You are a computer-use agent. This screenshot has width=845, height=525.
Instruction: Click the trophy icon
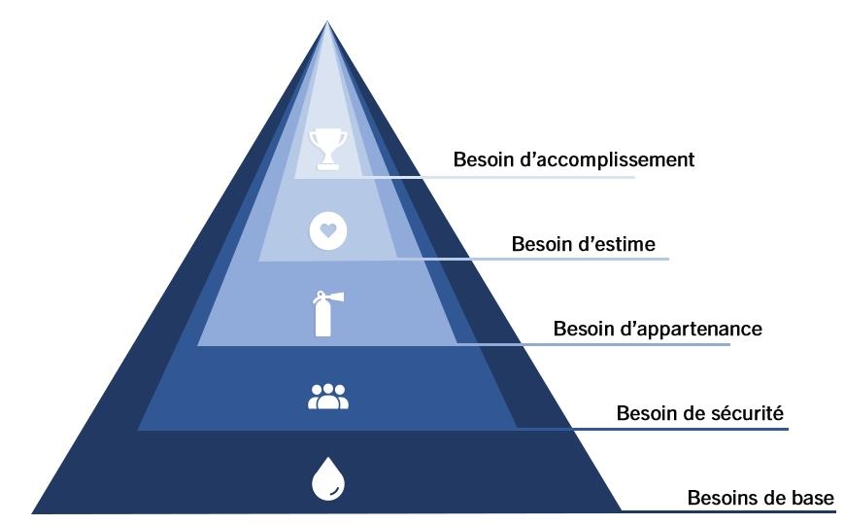pyautogui.click(x=327, y=149)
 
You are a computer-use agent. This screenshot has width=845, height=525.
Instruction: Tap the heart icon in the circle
pyautogui.click(x=327, y=231)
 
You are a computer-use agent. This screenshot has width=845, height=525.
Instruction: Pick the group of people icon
pyautogui.click(x=327, y=396)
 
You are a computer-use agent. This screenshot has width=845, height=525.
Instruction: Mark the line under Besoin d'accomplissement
pyautogui.click(x=544, y=177)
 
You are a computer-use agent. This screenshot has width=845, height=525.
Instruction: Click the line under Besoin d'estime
pyautogui.click(x=573, y=259)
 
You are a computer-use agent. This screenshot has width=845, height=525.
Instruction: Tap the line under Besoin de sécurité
pyautogui.click(x=680, y=428)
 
